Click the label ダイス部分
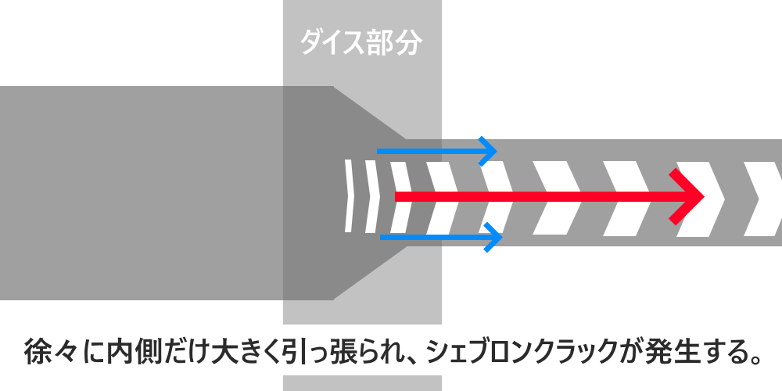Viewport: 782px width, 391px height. click(x=361, y=43)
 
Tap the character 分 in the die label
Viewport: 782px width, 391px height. click(x=407, y=43)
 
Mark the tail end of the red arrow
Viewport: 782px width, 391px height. click(x=396, y=195)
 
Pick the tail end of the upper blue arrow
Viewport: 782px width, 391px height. click(x=378, y=149)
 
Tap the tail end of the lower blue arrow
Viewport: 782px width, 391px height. click(x=381, y=235)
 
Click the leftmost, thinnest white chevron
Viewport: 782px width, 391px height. click(x=349, y=195)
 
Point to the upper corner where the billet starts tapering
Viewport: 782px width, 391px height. click(x=334, y=86)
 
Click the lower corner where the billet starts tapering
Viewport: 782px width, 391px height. click(x=334, y=300)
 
